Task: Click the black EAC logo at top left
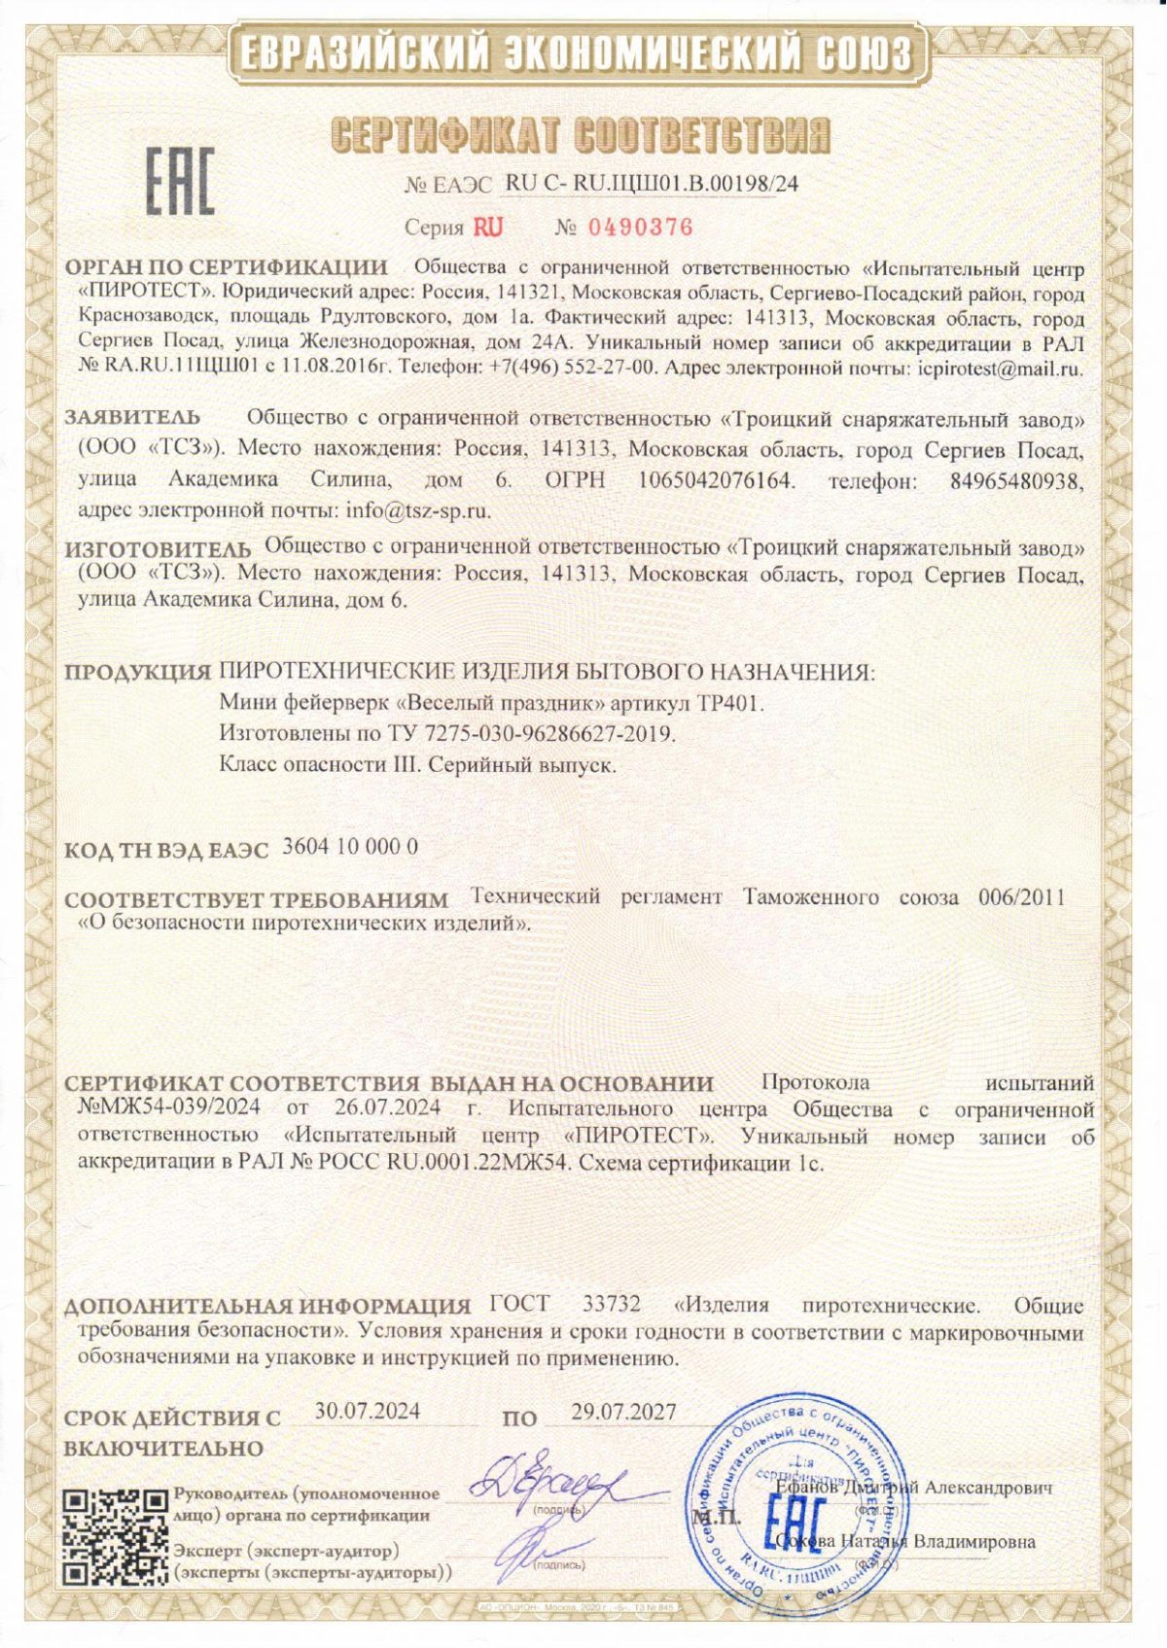point(181,181)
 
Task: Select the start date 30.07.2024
point(368,1412)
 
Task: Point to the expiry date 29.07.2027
point(623,1412)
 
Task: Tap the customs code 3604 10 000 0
point(350,846)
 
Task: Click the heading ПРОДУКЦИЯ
point(137,672)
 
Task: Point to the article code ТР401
point(731,703)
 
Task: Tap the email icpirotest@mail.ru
point(1001,369)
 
